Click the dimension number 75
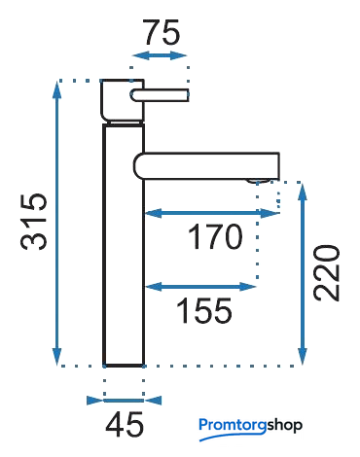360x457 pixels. [162, 32]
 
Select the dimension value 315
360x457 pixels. [34, 222]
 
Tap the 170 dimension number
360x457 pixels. [215, 236]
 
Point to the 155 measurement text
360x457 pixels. [203, 310]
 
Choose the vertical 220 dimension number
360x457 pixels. [327, 273]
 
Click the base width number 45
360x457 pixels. [125, 424]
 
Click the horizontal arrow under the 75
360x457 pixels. [160, 55]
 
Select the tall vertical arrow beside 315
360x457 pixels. [57, 224]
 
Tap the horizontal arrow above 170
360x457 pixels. [212, 213]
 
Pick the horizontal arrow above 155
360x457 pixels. [200, 287]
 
